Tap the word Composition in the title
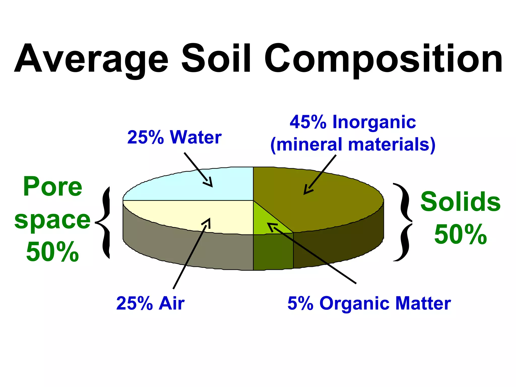383,58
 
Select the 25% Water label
174,137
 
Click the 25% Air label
150,303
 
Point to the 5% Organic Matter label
369,303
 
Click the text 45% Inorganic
353,122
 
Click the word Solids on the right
460,202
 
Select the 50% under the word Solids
460,235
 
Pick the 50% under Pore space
52,252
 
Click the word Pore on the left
52,187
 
